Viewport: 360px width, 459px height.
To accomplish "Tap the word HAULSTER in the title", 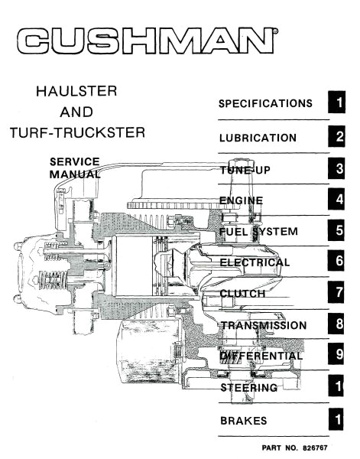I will (x=76, y=92).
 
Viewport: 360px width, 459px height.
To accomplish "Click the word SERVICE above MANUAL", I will (x=74, y=161).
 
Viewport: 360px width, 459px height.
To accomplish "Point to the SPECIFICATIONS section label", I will (x=265, y=103).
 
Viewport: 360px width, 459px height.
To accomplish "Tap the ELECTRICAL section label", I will (x=255, y=262).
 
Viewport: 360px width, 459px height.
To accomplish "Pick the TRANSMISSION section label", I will (x=263, y=325).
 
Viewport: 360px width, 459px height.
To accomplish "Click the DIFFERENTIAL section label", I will (x=261, y=356).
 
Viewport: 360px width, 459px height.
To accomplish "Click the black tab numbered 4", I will (x=339, y=200).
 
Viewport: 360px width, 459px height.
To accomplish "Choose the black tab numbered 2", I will (x=339, y=138).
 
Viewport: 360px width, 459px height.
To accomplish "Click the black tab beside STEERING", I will (x=339, y=388).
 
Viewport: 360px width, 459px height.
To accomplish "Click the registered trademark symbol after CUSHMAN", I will (x=275, y=32).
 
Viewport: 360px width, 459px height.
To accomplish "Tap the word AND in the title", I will (x=76, y=112).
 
